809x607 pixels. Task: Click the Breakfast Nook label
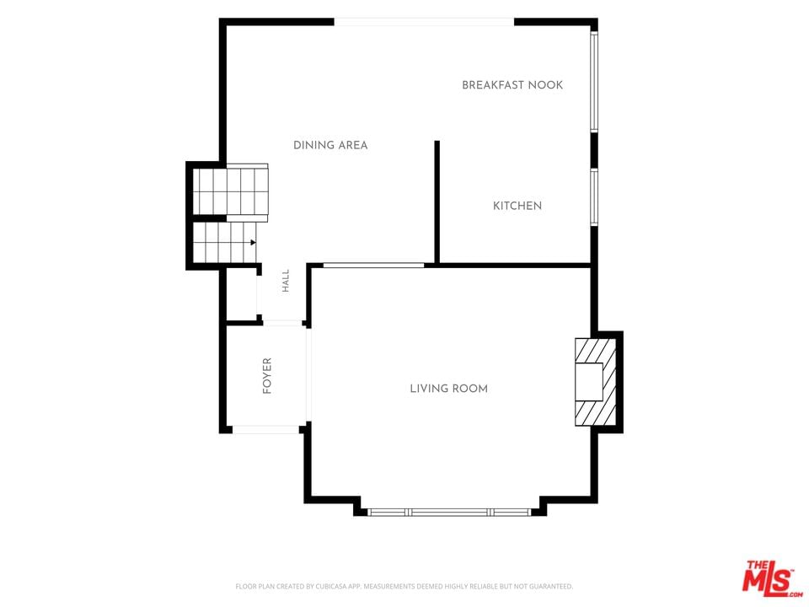pyautogui.click(x=512, y=85)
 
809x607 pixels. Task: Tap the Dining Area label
pyautogui.click(x=330, y=145)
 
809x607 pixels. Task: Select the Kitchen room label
pyautogui.click(x=517, y=206)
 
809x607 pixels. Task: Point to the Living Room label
pyautogui.click(x=449, y=389)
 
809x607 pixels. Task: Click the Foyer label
pyautogui.click(x=267, y=376)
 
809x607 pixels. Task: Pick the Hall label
pyautogui.click(x=286, y=281)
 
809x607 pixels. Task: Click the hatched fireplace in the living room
pyautogui.click(x=596, y=382)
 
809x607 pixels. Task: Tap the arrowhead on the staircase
pyautogui.click(x=254, y=242)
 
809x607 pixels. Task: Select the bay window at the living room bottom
pyautogui.click(x=449, y=512)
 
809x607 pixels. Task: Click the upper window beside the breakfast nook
pyautogui.click(x=594, y=81)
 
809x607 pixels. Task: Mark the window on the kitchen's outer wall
pyautogui.click(x=594, y=196)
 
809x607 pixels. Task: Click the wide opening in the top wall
pyautogui.click(x=424, y=22)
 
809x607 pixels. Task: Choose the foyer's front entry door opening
pyautogui.click(x=265, y=429)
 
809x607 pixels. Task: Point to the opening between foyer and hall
pyautogui.click(x=283, y=323)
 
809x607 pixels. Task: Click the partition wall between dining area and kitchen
pyautogui.click(x=437, y=201)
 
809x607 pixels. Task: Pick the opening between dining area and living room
pyautogui.click(x=373, y=266)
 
